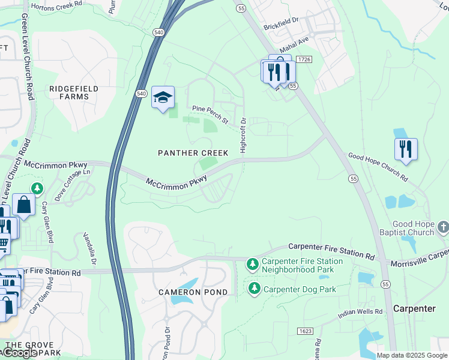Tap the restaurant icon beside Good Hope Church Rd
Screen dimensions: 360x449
pos(406,149)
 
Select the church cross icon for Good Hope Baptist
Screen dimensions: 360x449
pos(443,227)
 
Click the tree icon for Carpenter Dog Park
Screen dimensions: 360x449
pos(255,289)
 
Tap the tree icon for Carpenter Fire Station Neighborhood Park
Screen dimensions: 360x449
pos(253,264)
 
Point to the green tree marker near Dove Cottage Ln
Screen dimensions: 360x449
pos(37,190)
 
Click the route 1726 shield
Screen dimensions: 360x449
pos(304,59)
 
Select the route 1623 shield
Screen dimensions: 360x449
pos(304,331)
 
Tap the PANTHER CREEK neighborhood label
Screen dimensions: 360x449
pos(193,153)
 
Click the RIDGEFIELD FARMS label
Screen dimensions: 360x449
pos(74,92)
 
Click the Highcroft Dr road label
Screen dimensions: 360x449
pos(243,135)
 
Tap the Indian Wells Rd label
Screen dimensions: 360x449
pos(360,312)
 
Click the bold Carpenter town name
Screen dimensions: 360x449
pos(414,308)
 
